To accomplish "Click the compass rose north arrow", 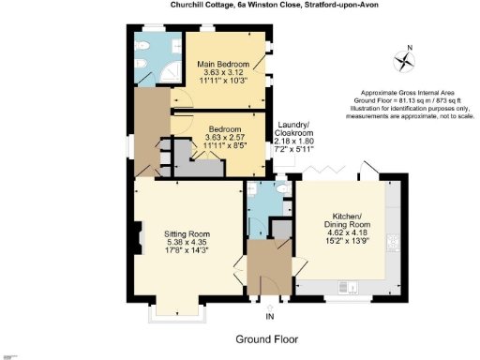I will [404, 62].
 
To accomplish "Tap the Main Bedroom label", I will [223, 64].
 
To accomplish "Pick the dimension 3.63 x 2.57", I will [225, 138].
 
